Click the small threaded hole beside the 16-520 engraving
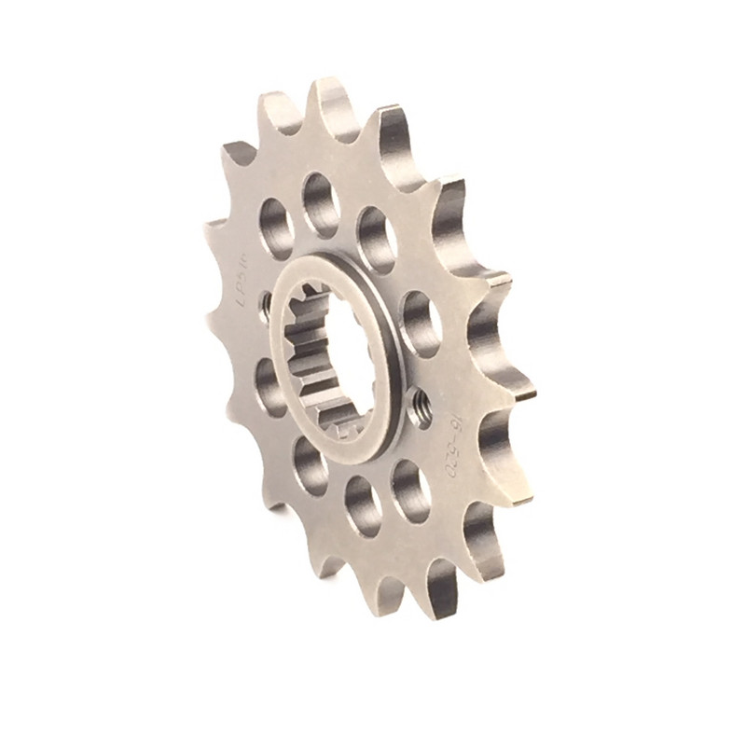pos(421,408)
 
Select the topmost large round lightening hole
pos(320,203)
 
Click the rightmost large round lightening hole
pos(421,324)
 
